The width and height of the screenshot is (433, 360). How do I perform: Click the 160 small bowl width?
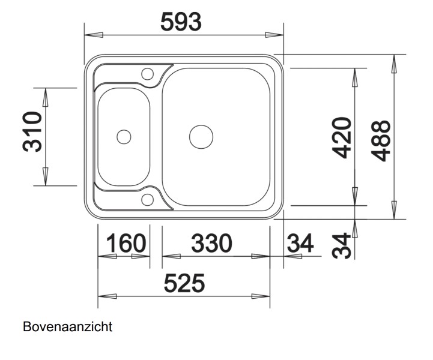(x=126, y=244)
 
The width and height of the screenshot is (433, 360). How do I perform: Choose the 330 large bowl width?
(x=211, y=244)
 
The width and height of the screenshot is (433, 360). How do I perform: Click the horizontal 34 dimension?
(x=300, y=244)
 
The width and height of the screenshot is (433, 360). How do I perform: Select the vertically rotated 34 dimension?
(x=341, y=245)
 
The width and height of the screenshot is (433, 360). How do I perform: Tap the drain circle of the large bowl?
(x=201, y=137)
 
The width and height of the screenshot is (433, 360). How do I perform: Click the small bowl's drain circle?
(x=124, y=137)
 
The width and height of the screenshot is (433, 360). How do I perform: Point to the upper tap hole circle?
(x=147, y=74)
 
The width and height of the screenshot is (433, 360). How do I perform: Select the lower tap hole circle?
(x=147, y=200)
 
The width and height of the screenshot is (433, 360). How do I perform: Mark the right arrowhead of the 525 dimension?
(x=262, y=296)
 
